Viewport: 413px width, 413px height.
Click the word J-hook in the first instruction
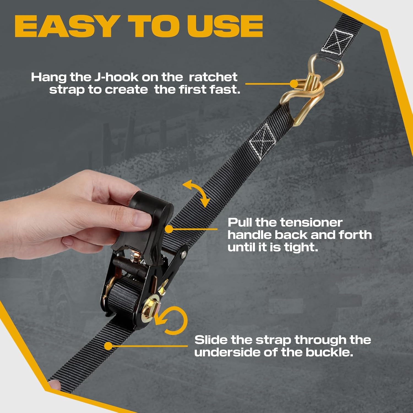(x=116, y=77)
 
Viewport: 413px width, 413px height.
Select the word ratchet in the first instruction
(x=213, y=77)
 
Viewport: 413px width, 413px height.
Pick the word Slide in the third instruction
(x=211, y=340)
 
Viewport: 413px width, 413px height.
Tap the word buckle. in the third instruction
(x=329, y=352)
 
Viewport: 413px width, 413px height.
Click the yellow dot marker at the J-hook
(x=294, y=84)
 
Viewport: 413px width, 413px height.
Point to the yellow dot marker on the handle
(x=169, y=229)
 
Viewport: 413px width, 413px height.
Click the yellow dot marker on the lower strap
(x=108, y=346)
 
